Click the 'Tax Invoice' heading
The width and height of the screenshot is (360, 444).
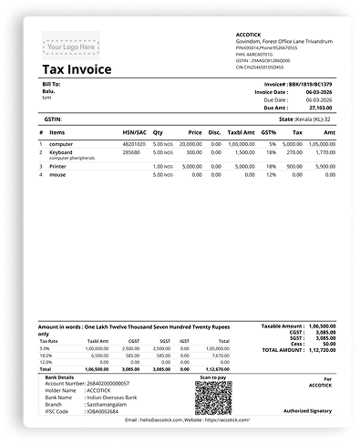[x=77, y=69]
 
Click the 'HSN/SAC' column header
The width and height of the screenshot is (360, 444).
[x=133, y=131]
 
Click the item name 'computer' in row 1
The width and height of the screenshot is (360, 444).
[x=61, y=143]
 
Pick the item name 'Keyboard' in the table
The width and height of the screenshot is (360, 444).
[x=61, y=152]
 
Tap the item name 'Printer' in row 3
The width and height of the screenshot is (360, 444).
[x=57, y=166]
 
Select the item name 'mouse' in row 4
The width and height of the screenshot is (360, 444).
[x=57, y=174]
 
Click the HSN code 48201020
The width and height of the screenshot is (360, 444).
[x=133, y=143]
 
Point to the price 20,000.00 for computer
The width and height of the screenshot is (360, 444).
[x=190, y=143]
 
